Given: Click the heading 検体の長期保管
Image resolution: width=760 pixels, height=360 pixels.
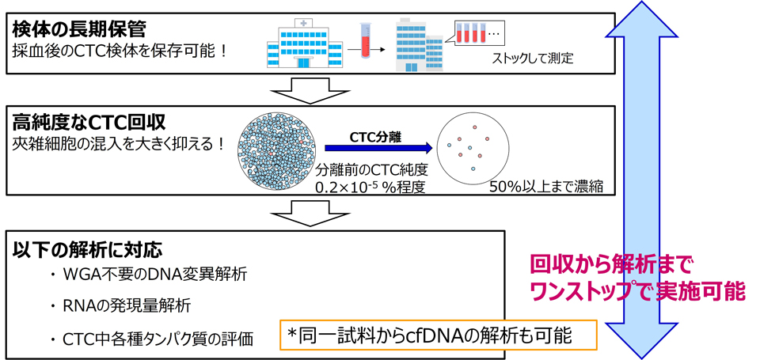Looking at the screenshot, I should [79, 30].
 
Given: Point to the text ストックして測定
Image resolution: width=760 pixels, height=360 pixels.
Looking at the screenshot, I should [532, 58].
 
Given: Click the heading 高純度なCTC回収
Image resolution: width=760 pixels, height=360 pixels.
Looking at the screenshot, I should [89, 123].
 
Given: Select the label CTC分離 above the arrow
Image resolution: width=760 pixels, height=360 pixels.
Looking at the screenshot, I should [375, 135].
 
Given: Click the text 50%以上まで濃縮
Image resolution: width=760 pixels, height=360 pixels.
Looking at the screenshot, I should [552, 187].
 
